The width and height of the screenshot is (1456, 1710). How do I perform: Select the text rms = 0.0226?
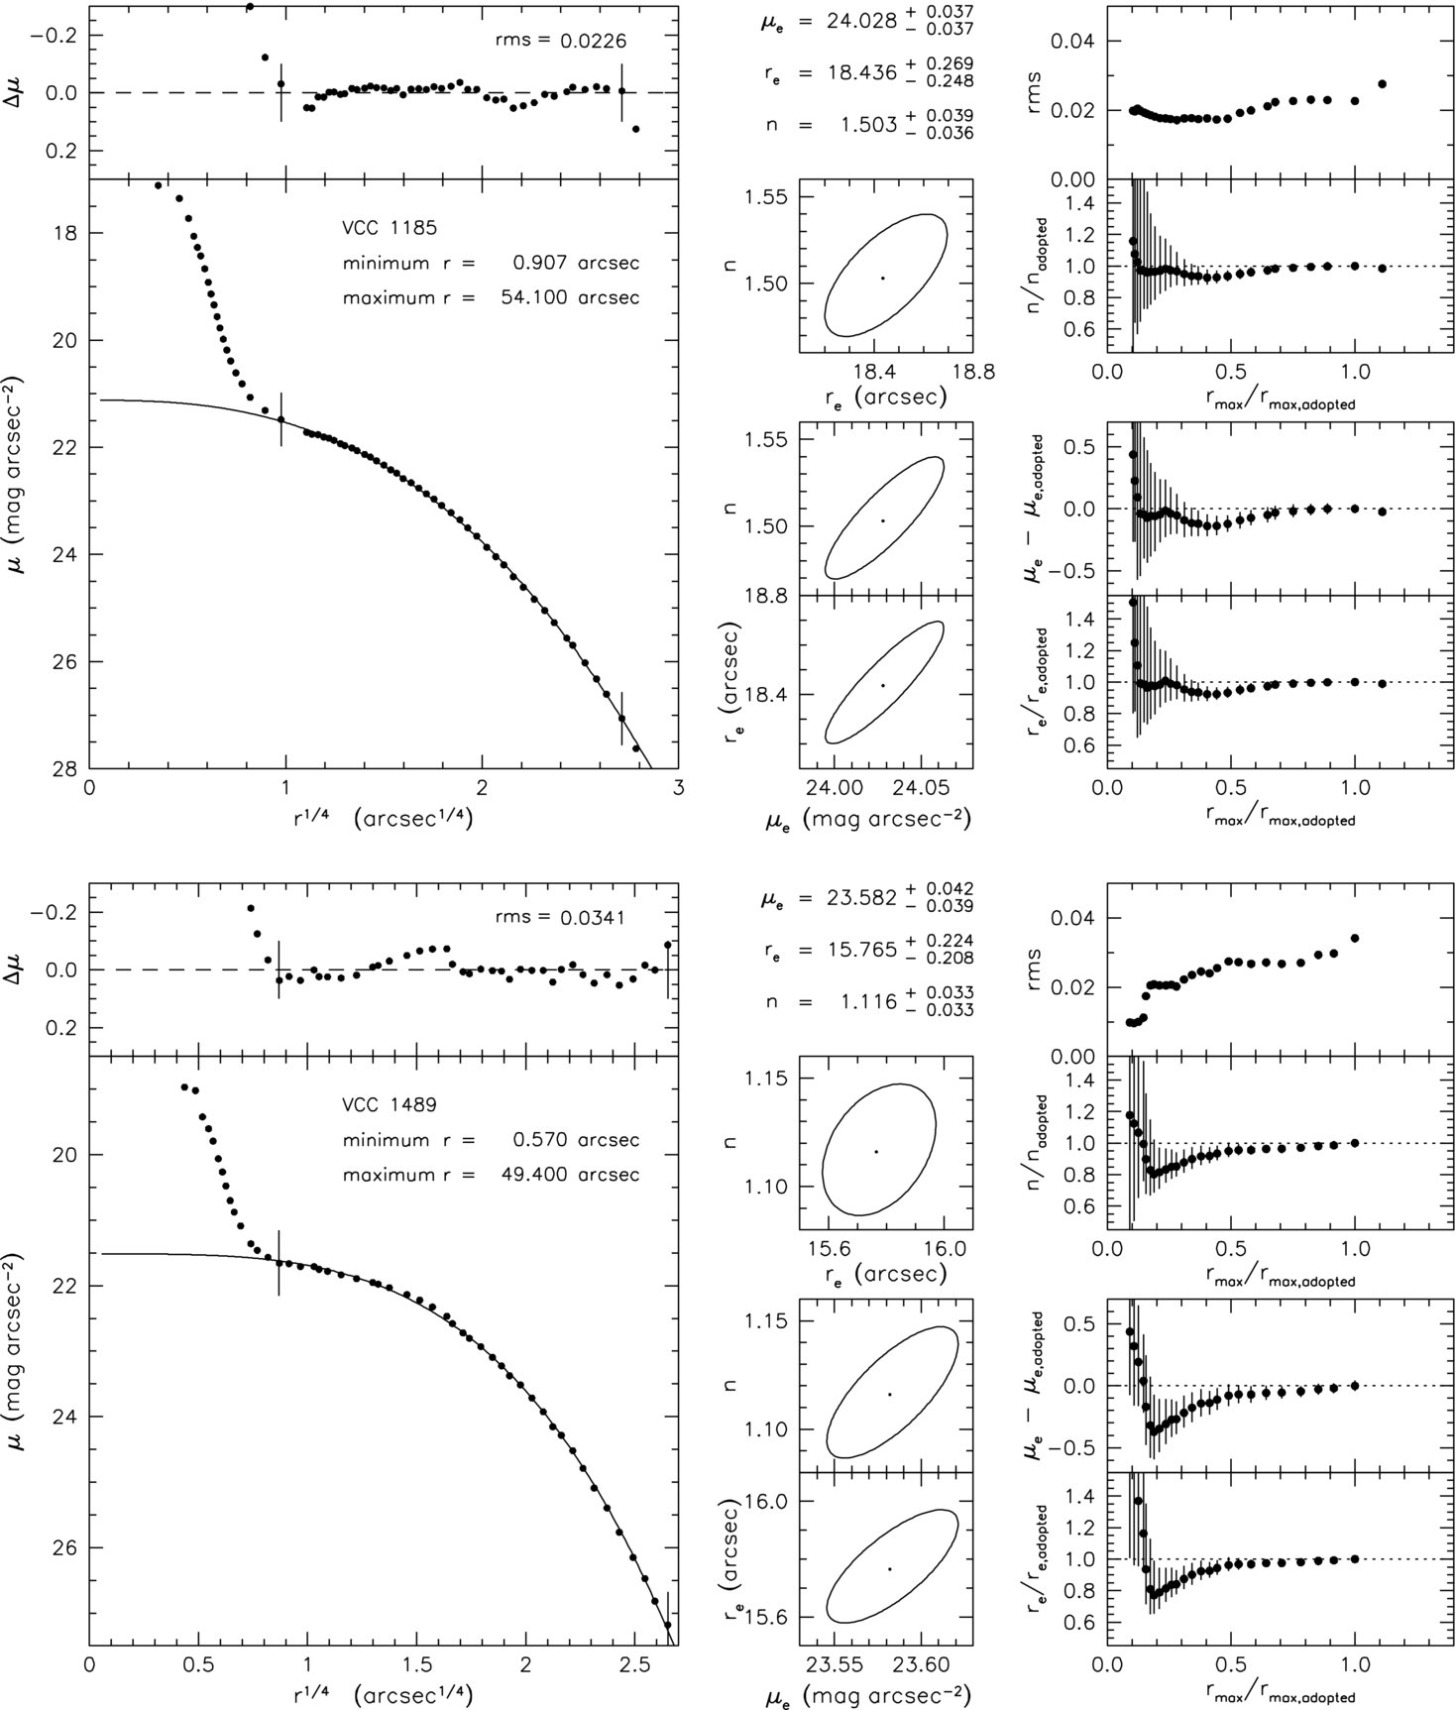pos(561,42)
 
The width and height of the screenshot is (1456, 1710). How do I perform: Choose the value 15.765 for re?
pos(862,950)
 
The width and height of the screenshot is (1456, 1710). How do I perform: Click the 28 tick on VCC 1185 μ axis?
pos(70,768)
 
